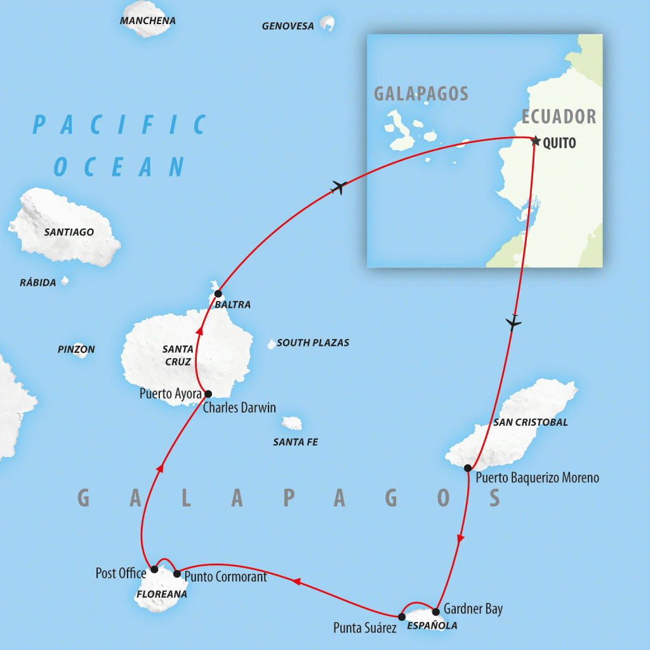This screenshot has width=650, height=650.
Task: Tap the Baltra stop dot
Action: [x=218, y=293]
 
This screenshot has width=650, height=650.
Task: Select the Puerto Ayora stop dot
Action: [x=208, y=394]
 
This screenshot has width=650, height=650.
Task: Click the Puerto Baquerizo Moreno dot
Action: [x=468, y=468]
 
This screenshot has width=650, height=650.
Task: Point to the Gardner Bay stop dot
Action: [x=435, y=612]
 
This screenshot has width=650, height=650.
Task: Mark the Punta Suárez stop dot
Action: [x=401, y=616]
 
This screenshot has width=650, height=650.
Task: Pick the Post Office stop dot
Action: [x=154, y=569]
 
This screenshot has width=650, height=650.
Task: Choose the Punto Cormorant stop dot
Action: [x=177, y=574]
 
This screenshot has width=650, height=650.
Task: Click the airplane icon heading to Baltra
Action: [x=340, y=187]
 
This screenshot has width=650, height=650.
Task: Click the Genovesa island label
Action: [x=288, y=26]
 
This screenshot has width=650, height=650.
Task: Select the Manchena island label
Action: [x=147, y=21]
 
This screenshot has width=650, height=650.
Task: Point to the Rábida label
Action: [x=37, y=282]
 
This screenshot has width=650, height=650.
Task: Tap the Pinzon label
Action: [x=76, y=349]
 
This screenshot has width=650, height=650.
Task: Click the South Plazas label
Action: [x=313, y=343]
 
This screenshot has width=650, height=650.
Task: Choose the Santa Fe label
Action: [x=295, y=442]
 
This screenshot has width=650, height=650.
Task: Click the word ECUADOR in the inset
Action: [x=559, y=117]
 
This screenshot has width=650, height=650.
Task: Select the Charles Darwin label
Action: [x=239, y=408]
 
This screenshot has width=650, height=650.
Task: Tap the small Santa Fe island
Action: [x=292, y=423]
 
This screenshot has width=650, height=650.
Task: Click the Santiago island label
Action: [x=69, y=232]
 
